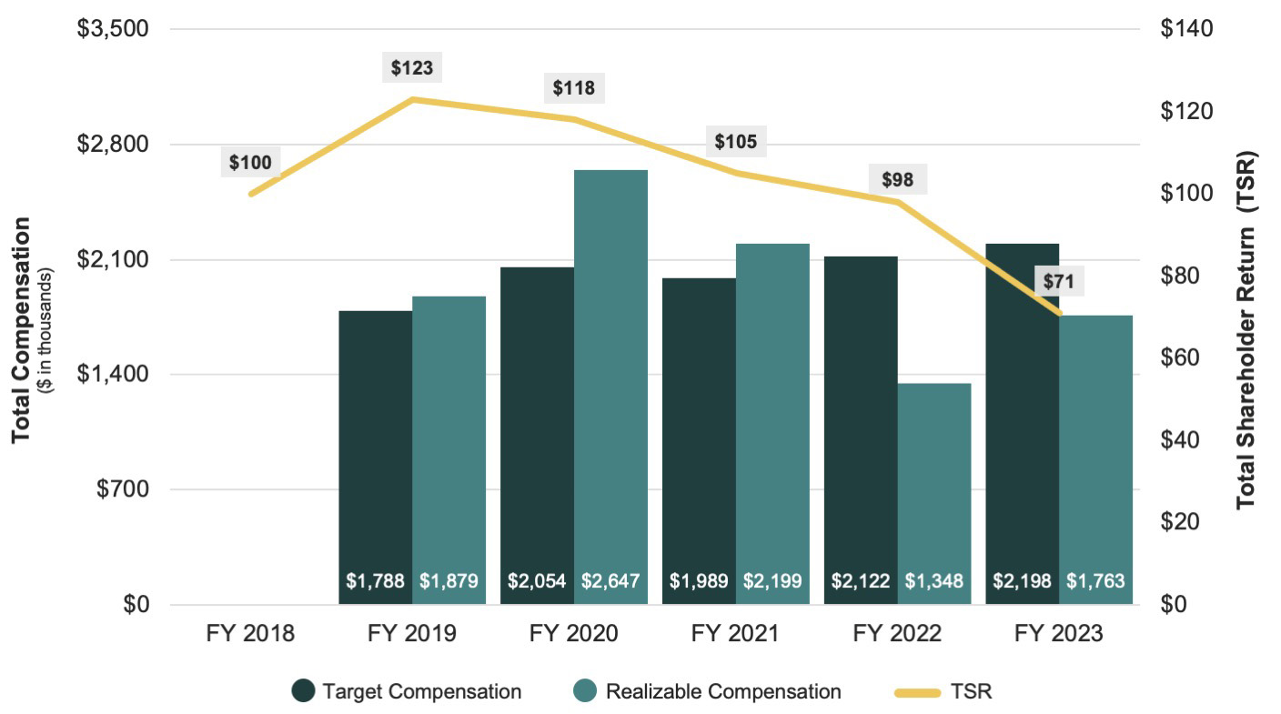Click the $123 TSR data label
click(412, 67)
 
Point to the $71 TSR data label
click(1058, 282)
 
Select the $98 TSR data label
click(897, 179)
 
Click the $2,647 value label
click(610, 580)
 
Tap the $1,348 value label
click(933, 580)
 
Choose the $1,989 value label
click(699, 580)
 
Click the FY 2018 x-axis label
click(249, 633)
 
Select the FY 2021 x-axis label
click(735, 633)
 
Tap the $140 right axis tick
click(1186, 29)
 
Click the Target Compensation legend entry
click(407, 691)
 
